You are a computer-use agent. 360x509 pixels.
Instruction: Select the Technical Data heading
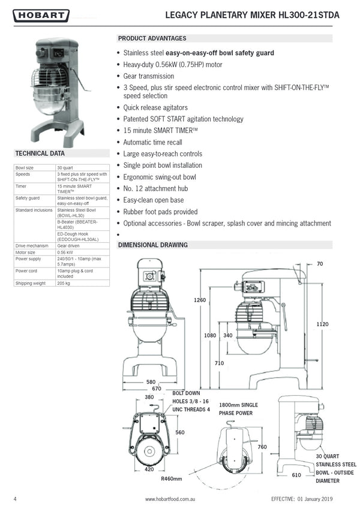(40, 153)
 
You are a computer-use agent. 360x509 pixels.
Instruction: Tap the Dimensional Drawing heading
(153, 245)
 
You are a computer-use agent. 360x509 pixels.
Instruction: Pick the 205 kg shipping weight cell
(63, 282)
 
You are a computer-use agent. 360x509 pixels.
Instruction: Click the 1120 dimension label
(323, 324)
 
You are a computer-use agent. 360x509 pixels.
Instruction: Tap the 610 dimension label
(296, 475)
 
